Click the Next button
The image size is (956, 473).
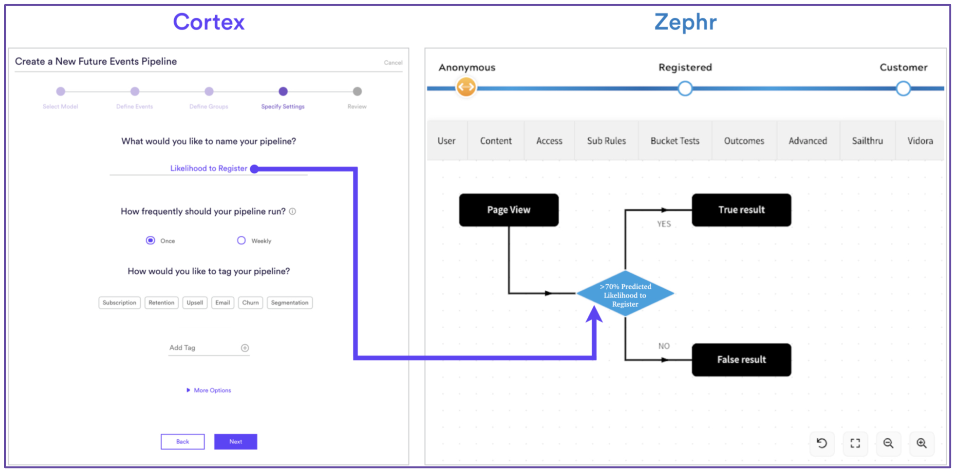tap(235, 442)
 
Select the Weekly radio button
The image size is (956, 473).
tap(241, 240)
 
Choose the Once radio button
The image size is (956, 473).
tap(150, 240)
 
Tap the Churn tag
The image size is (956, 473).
tap(250, 303)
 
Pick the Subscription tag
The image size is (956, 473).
tap(119, 303)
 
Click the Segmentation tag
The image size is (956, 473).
tap(289, 303)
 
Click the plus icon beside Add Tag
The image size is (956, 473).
tap(245, 348)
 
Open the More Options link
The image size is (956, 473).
tap(212, 390)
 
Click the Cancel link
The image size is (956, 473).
tap(393, 63)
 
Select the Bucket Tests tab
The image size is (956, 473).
tap(675, 141)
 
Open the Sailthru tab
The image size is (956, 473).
tap(867, 141)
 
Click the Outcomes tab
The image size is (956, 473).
tap(744, 141)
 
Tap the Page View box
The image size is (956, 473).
tap(508, 210)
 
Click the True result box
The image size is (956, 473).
tap(741, 210)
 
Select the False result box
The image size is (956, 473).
tap(741, 359)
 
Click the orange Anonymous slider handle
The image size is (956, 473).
tap(466, 87)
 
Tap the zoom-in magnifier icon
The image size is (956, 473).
tap(921, 443)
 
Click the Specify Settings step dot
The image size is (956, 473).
tap(283, 92)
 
